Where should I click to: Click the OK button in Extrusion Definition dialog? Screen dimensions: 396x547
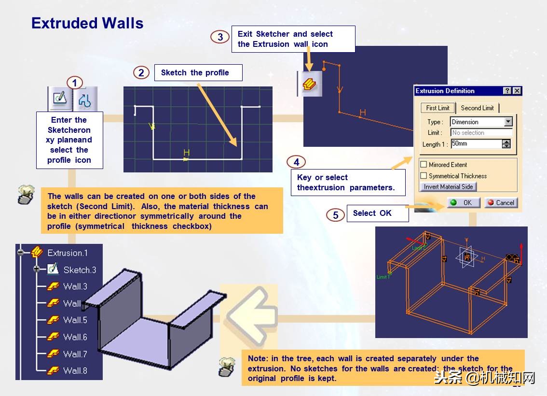[463, 203]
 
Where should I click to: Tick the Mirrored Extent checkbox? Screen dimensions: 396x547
[424, 165]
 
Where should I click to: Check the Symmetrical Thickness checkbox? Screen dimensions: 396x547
[424, 176]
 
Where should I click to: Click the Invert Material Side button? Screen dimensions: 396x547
[448, 187]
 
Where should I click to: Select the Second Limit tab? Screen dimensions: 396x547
[477, 108]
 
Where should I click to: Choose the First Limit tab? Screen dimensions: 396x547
[438, 108]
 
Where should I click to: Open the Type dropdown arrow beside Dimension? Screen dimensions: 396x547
[508, 122]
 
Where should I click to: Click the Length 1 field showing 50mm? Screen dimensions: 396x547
[476, 144]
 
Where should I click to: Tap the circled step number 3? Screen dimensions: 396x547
[220, 37]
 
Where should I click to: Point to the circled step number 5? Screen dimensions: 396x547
[336, 215]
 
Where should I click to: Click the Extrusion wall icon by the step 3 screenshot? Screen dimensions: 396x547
[309, 84]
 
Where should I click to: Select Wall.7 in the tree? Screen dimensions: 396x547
[75, 354]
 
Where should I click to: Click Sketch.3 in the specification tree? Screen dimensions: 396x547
[79, 270]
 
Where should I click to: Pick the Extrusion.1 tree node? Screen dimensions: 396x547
[68, 253]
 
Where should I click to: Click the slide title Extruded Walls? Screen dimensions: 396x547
[87, 23]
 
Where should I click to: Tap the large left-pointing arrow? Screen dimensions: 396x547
[249, 313]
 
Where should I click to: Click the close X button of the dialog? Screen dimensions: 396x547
[517, 91]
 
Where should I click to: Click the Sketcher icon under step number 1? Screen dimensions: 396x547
[60, 99]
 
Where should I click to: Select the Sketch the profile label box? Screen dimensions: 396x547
[198, 73]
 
